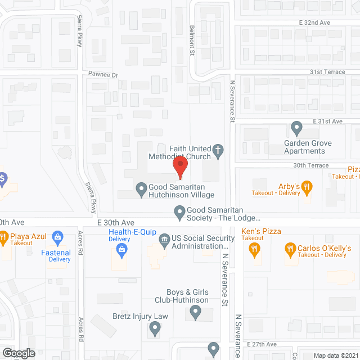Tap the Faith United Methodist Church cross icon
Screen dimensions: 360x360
(217, 150)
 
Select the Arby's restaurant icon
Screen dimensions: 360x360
(307, 186)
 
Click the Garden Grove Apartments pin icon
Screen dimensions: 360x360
(296, 129)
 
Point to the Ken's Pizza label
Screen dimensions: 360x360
(261, 231)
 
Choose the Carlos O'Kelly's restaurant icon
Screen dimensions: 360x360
(290, 248)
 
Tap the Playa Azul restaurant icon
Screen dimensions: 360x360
(3, 237)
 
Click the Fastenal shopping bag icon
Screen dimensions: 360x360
(56, 237)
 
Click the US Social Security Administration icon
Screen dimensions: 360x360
(164, 240)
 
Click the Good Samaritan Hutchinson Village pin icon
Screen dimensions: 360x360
(141, 188)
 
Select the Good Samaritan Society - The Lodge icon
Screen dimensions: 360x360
(179, 212)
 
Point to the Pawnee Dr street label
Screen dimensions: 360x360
(103, 75)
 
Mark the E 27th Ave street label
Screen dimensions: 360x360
(262, 344)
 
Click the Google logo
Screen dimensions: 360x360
(18, 353)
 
